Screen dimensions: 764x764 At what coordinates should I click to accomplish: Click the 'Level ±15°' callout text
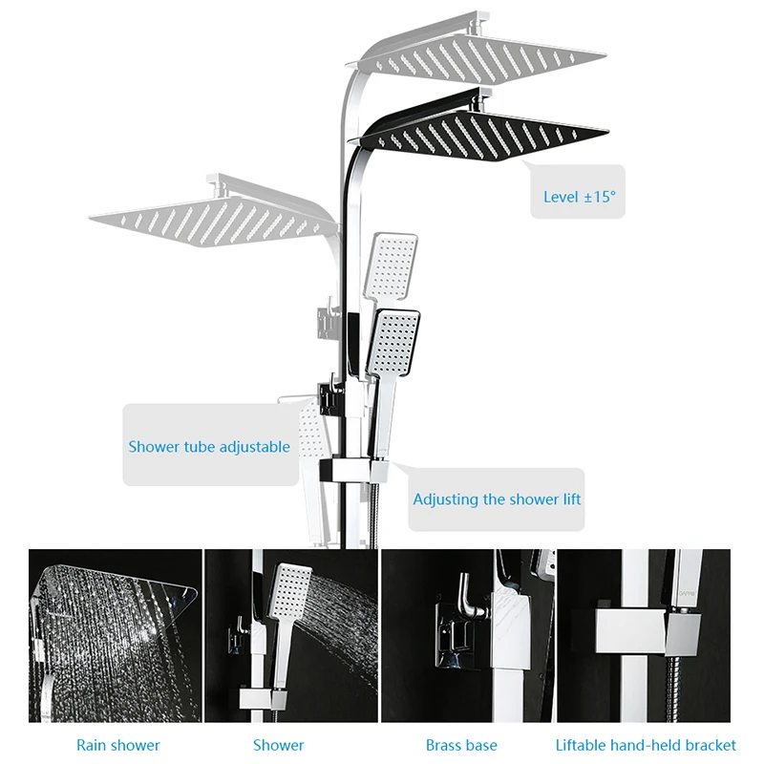580,197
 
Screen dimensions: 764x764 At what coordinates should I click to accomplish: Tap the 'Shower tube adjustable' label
209,446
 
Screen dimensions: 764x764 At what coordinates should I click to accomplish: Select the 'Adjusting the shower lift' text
497,499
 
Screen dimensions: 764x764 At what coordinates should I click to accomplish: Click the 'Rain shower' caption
118,744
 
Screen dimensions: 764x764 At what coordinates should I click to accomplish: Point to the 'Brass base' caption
461,744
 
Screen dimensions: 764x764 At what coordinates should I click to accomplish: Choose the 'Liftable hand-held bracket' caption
646,744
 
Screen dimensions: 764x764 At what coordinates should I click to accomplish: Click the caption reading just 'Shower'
279,744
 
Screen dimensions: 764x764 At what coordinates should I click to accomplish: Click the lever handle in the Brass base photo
465,597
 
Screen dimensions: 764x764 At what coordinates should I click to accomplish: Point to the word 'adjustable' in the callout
255,446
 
